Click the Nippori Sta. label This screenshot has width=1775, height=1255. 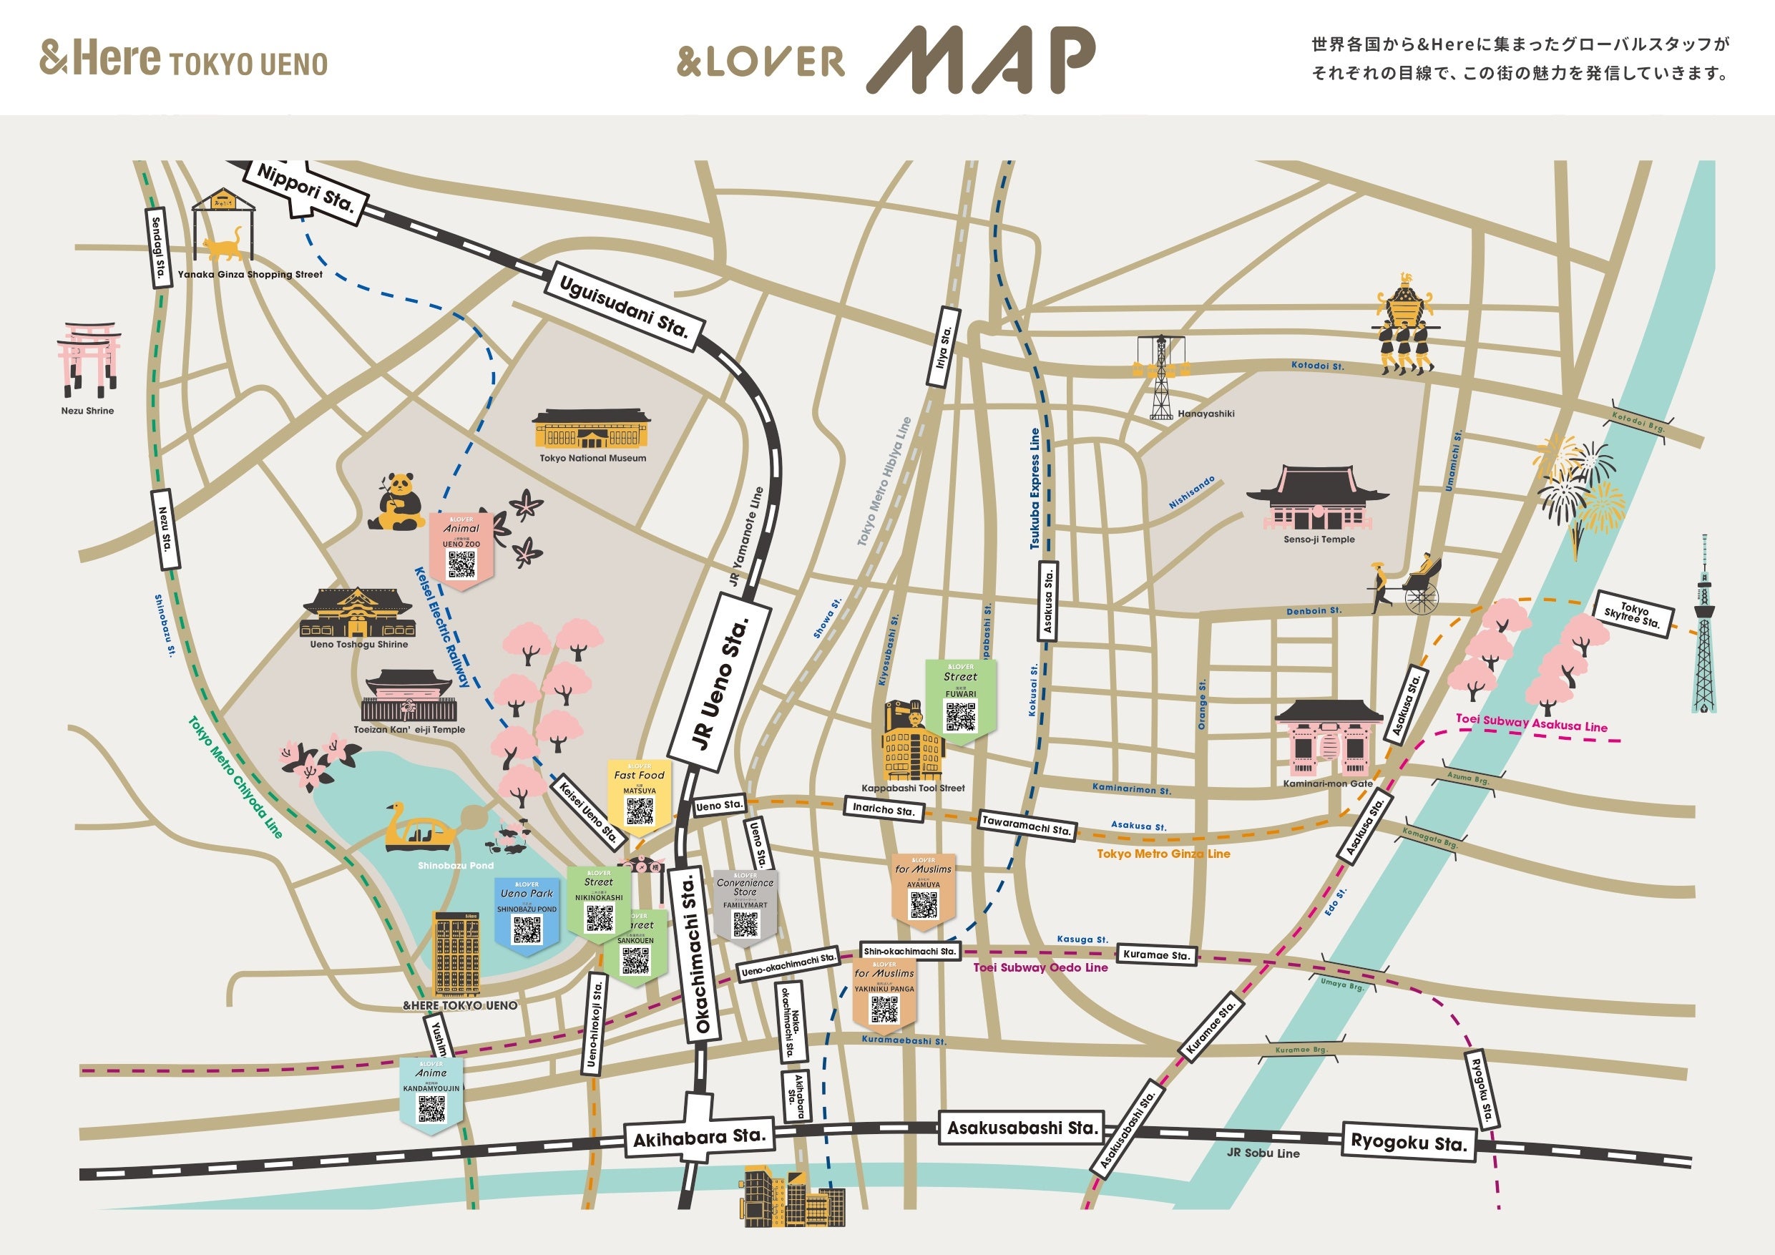point(305,190)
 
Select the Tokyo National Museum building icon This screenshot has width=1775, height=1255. point(592,430)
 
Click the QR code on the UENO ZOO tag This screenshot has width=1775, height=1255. point(461,565)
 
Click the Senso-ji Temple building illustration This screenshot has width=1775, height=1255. point(1316,499)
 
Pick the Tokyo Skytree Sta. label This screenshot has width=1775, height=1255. point(1633,615)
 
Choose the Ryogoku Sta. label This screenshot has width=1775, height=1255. point(1408,1142)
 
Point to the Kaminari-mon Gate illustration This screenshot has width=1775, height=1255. point(1327,738)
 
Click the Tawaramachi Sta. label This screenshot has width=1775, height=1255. point(1026,825)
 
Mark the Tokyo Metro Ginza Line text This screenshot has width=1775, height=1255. point(1163,854)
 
